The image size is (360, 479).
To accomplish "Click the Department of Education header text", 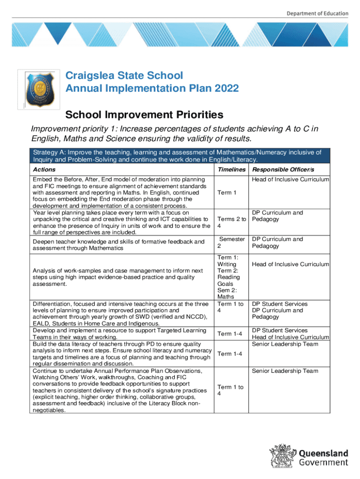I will tap(317, 13).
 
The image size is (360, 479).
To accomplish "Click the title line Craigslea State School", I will tap(124, 76).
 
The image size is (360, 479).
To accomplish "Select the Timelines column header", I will tap(231, 169).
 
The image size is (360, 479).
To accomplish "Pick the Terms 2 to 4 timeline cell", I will tap(231, 223).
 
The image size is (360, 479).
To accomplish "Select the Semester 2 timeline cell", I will tap(231, 243).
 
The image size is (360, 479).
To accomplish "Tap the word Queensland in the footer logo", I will tap(324, 453).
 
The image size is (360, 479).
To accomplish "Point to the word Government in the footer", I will tap(324, 463).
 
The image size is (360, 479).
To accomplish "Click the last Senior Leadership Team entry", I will tap(291, 371).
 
